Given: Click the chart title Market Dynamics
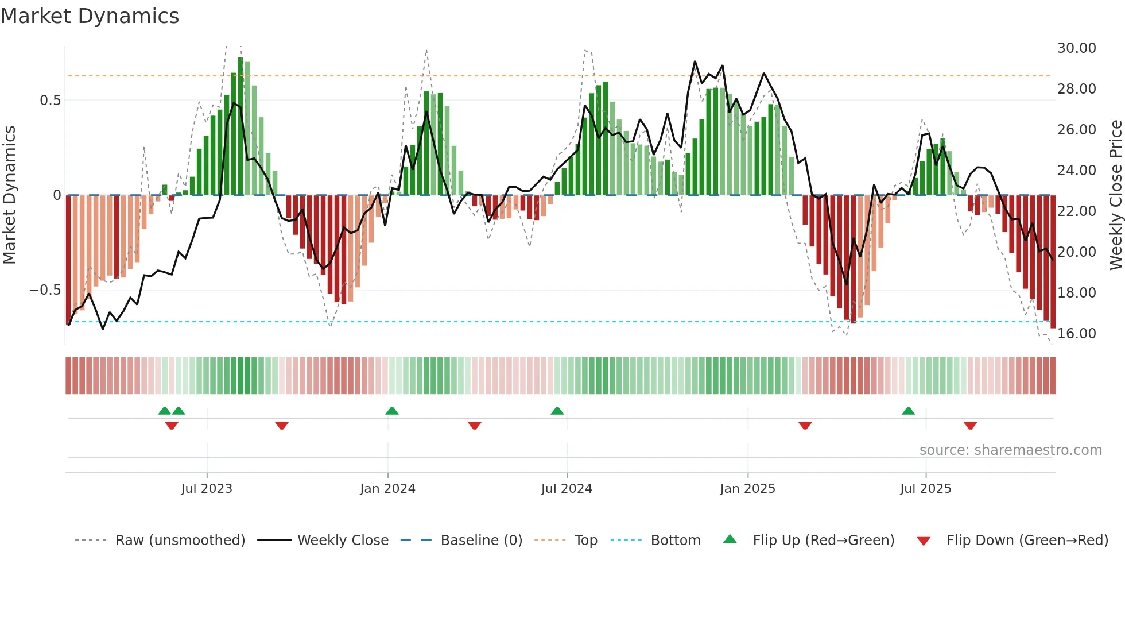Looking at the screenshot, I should [x=90, y=16].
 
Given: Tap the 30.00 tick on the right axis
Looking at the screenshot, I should [x=1076, y=48].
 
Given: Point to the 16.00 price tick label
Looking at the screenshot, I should [x=1076, y=334].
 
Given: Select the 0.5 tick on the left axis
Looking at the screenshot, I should [x=50, y=101].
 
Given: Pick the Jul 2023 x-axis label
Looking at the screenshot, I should [x=207, y=489].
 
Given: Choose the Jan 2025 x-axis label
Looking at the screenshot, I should [x=747, y=489].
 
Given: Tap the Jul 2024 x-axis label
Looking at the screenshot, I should [x=567, y=489].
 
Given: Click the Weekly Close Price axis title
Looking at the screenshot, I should [x=1115, y=195].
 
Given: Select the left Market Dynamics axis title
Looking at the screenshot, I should [x=9, y=195].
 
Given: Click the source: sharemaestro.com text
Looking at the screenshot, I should [x=1010, y=450].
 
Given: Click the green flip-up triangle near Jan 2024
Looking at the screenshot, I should [x=392, y=411].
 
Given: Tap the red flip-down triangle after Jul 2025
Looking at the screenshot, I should [x=970, y=426].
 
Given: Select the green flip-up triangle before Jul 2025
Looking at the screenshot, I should [x=908, y=411].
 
